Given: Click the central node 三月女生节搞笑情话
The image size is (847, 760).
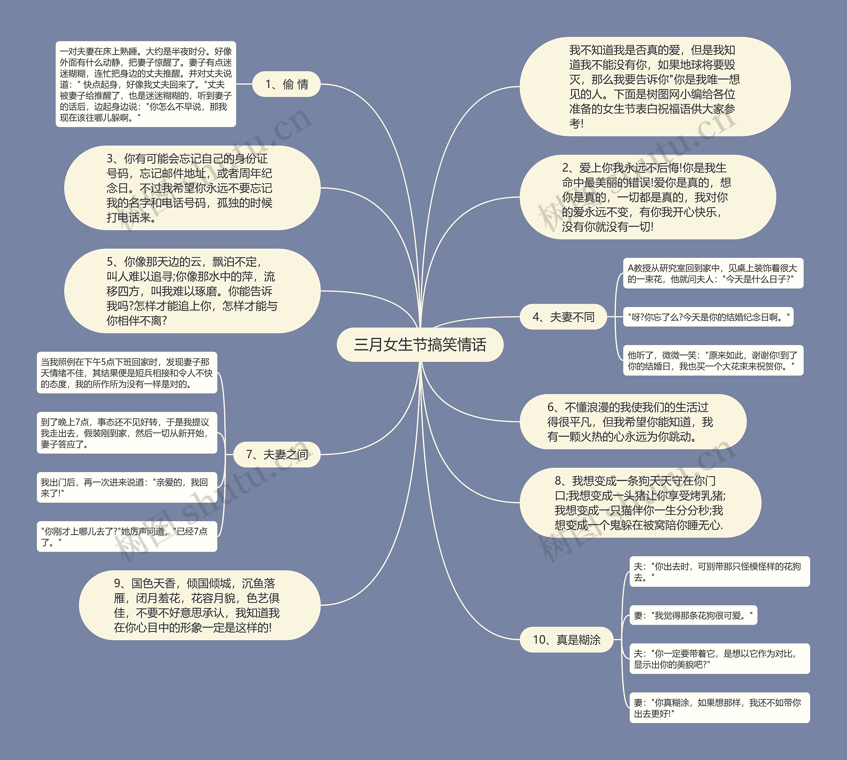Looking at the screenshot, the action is [x=420, y=345].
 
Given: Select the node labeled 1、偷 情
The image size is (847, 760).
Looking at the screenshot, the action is [x=287, y=84].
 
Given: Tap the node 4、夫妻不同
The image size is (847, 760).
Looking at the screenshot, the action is [x=563, y=317].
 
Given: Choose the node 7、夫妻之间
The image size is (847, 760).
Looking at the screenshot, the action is [x=277, y=454].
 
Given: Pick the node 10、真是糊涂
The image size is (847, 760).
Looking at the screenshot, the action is [x=566, y=639].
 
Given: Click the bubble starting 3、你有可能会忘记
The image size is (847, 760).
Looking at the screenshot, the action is [x=192, y=188].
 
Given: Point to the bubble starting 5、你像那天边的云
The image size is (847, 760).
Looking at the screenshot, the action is [x=192, y=291].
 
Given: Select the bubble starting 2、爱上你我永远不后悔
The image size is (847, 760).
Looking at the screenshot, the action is [x=647, y=197].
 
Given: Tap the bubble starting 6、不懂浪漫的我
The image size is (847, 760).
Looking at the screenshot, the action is [x=632, y=422].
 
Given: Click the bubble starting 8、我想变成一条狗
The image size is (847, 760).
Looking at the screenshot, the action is [x=640, y=503].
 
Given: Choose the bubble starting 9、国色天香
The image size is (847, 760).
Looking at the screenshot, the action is [x=200, y=605].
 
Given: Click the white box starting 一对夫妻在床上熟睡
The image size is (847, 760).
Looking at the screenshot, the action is [x=146, y=84].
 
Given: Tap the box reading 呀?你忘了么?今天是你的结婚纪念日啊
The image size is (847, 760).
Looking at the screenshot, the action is [x=708, y=317].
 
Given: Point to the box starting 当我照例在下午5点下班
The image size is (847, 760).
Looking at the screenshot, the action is [x=127, y=373].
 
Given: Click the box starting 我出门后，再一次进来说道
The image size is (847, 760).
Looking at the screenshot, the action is [x=127, y=487].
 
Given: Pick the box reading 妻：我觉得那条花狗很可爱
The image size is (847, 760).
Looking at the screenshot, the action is [x=693, y=615].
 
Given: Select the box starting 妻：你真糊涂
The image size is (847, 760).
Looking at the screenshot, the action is [x=719, y=708].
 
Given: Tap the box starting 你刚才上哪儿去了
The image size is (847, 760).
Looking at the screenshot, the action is [x=127, y=537].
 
